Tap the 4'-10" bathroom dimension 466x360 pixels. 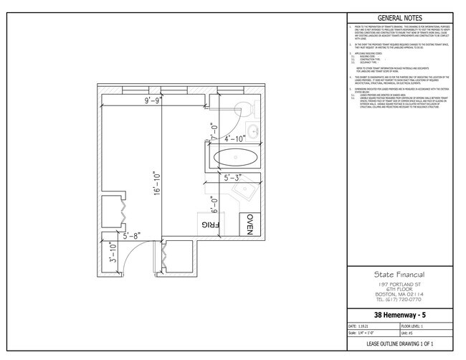[x=234, y=137]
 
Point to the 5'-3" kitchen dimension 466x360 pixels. [x=234, y=177]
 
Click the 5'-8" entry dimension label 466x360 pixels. [x=135, y=235]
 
